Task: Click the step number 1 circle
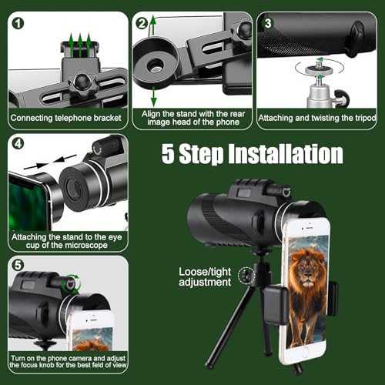pos(18,23)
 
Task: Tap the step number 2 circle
pos(142,23)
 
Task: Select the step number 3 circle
pos(268,23)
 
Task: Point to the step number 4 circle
pos(18,143)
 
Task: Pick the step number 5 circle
pos(18,265)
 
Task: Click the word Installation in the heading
pos(286,153)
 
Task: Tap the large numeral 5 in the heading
pos(168,153)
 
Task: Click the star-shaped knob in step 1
pos(82,83)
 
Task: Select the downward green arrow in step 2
pos(153,97)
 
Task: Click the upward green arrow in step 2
pos(153,25)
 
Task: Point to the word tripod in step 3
pos(366,118)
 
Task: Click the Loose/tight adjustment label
pos(205,276)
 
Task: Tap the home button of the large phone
pos(305,353)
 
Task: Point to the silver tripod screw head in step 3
pos(319,69)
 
